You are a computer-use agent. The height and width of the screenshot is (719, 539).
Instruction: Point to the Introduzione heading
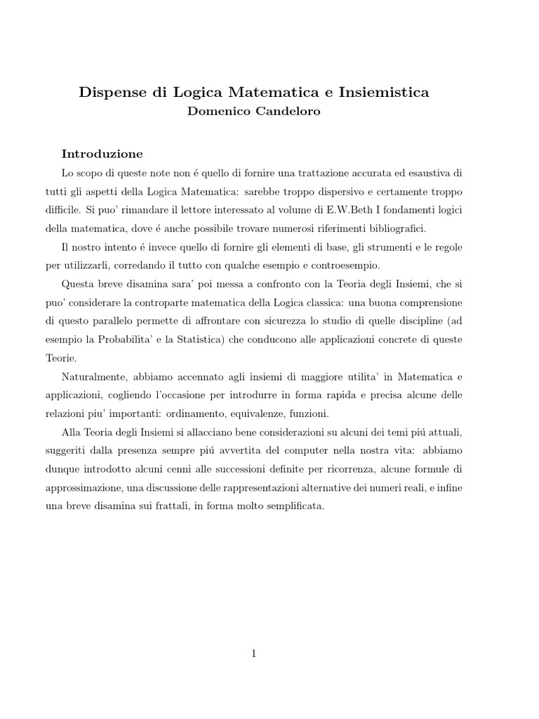tap(102, 153)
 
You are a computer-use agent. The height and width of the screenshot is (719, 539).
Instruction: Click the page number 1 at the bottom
tap(254, 654)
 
